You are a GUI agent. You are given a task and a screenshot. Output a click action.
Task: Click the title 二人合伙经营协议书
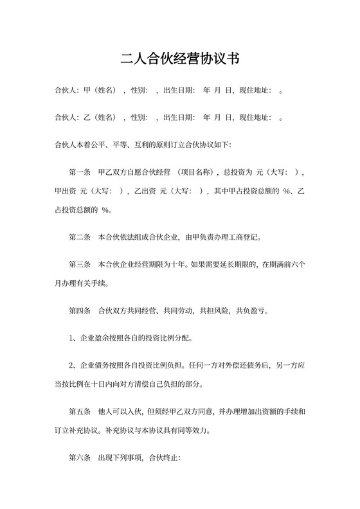pos(180,60)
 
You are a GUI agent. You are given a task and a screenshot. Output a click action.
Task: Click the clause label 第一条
pos(80,172)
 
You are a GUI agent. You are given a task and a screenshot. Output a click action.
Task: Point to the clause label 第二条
pos(80,237)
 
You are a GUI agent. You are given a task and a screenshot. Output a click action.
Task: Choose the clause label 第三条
pos(80,264)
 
